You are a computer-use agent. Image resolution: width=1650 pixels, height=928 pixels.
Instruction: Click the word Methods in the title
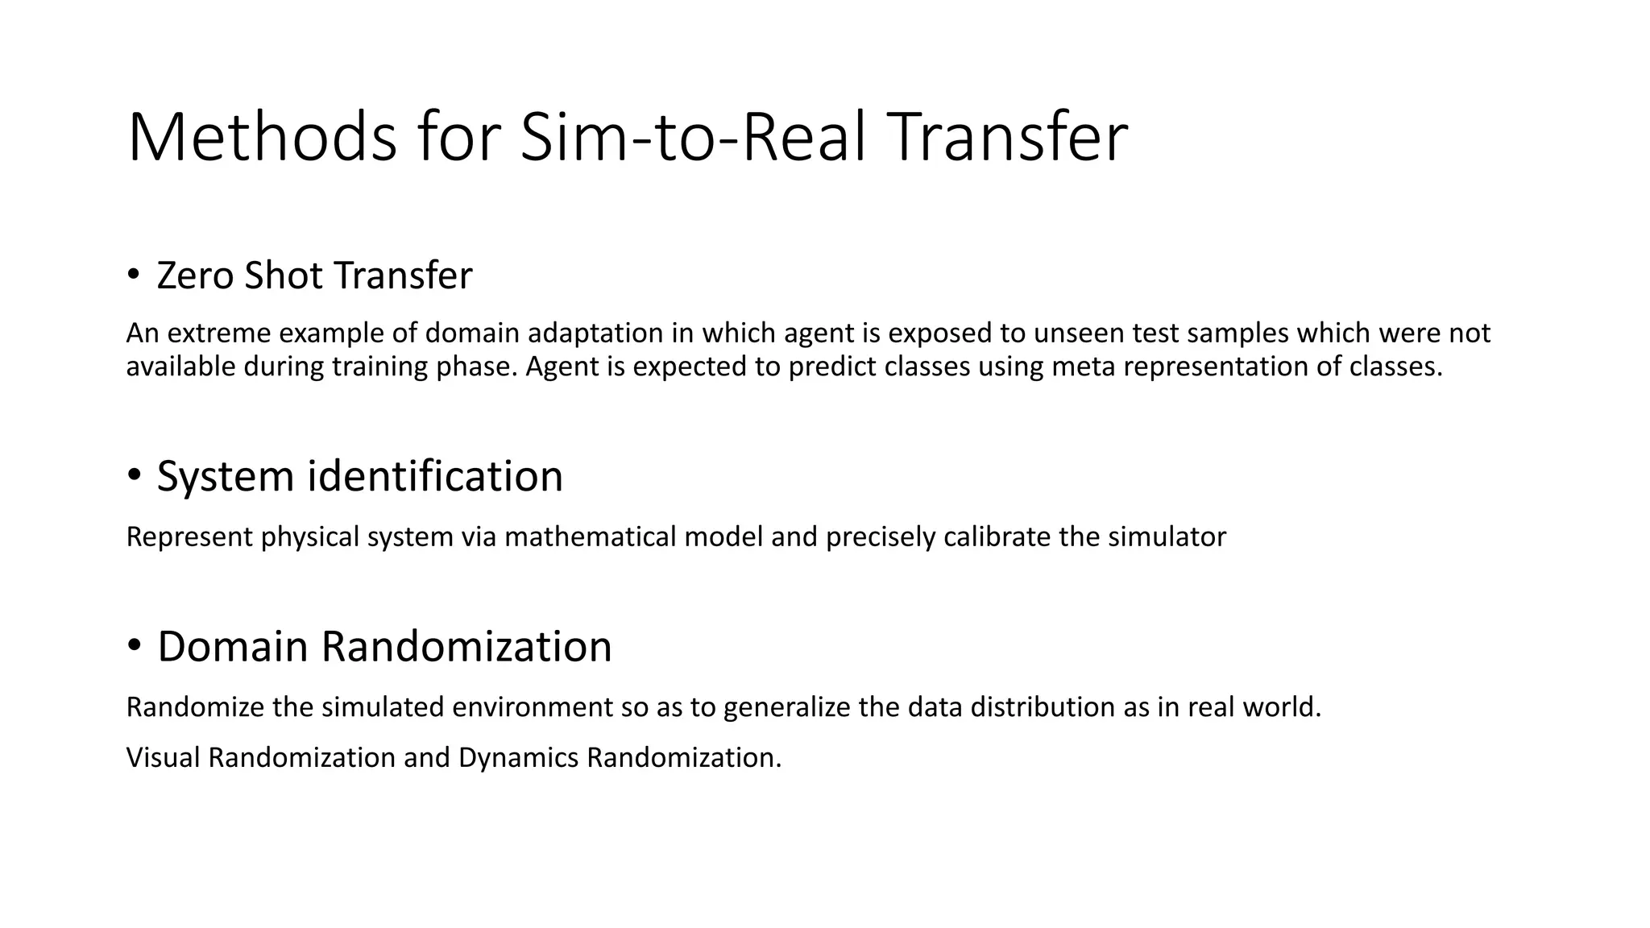pos(262,138)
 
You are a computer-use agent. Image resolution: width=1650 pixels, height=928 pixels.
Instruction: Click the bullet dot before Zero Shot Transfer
pos(134,275)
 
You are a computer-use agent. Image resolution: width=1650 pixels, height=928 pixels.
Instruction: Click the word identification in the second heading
pos(435,476)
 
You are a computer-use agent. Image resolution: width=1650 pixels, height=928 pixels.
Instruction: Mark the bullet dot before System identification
pos(134,475)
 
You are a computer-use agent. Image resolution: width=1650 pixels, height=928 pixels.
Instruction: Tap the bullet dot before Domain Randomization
pos(134,645)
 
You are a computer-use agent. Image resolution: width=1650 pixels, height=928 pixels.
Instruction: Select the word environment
pos(533,707)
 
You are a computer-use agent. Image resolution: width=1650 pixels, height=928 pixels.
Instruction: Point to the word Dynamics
pos(519,758)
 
